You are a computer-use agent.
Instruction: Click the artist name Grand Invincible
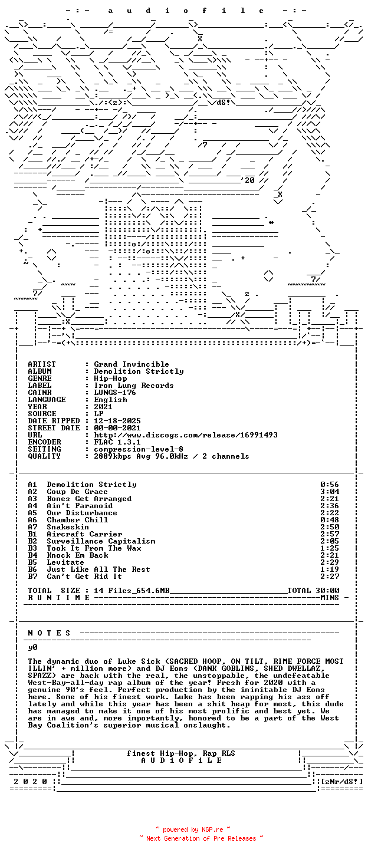click(x=132, y=364)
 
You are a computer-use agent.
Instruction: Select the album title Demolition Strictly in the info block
click(x=139, y=371)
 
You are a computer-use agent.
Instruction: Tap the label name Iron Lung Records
click(x=134, y=386)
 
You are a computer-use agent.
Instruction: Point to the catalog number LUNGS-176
click(x=115, y=393)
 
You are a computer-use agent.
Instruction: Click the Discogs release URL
click(x=186, y=435)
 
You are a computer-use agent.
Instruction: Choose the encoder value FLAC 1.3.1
click(x=117, y=442)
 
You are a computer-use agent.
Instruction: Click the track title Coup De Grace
click(x=77, y=492)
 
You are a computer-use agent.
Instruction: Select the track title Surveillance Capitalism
click(x=101, y=541)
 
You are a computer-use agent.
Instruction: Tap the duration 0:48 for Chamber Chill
click(x=330, y=520)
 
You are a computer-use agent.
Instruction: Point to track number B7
click(x=33, y=577)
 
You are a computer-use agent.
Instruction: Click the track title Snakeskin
click(x=68, y=527)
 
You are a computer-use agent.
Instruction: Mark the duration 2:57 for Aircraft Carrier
click(x=330, y=534)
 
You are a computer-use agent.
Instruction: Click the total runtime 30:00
click(x=327, y=591)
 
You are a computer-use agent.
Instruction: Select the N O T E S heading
click(x=50, y=633)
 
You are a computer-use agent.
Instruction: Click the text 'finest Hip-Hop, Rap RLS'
click(x=181, y=753)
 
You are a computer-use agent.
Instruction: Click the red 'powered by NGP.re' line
click(x=193, y=829)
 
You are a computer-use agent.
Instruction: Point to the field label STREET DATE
click(x=54, y=428)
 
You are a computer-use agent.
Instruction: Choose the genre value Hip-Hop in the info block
click(x=110, y=378)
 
